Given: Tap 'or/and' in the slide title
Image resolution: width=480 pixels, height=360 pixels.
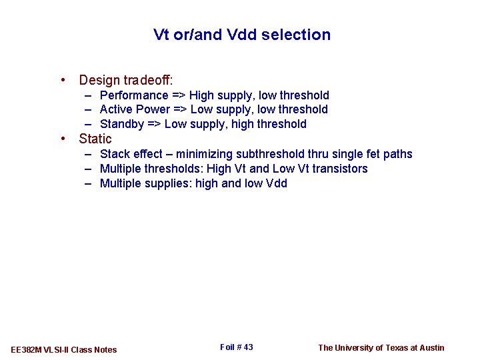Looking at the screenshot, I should tap(197, 35).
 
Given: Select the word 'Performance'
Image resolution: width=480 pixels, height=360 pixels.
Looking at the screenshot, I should tap(134, 95).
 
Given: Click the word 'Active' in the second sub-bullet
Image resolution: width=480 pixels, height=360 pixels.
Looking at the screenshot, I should tap(117, 109).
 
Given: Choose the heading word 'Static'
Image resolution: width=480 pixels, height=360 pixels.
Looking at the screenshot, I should tap(95, 139).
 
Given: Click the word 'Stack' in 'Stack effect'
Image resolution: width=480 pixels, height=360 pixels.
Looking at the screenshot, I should tap(115, 154).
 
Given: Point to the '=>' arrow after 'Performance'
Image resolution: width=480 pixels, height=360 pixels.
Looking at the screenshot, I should tap(179, 95).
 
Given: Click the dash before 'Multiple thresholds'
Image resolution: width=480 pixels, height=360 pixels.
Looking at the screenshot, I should tap(88, 169).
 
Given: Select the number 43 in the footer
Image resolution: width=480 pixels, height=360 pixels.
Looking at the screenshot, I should tap(248, 347).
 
